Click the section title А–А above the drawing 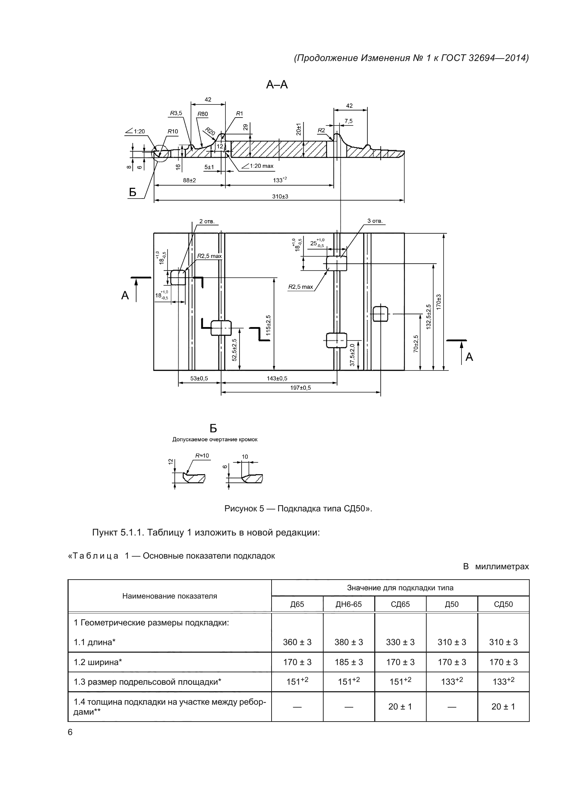277,85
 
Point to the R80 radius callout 203,114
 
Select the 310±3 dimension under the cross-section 280,196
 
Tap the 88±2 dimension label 190,181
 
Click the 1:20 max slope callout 261,166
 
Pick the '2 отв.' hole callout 207,222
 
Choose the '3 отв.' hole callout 375,221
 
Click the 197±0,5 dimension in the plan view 301,388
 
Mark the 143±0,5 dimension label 277,378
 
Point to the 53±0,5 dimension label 199,378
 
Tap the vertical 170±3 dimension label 439,302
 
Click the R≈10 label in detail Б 202,456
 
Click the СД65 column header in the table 400,604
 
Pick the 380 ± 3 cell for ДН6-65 348,642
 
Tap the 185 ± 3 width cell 348,662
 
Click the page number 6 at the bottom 70,732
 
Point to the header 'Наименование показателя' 170,596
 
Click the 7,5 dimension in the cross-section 348,121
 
